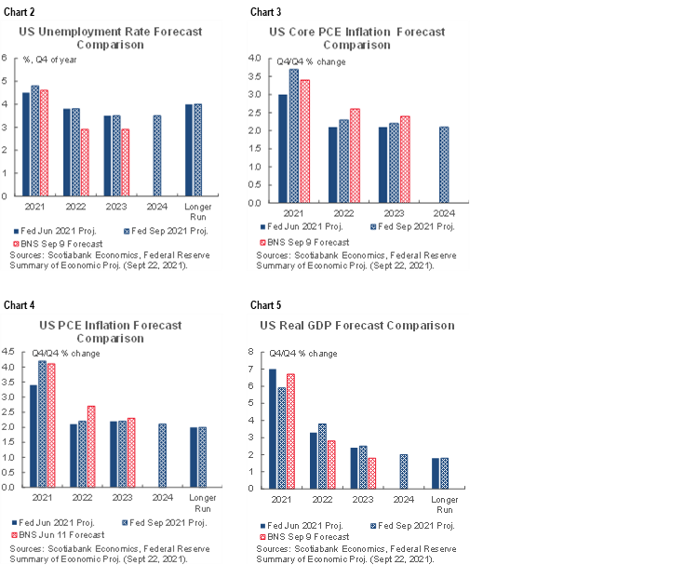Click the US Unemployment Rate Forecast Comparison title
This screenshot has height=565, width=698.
click(110, 37)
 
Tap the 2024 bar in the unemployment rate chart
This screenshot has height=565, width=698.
click(156, 155)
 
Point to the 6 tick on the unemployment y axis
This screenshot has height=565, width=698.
click(6, 58)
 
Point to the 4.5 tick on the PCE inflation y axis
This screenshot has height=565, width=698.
click(7, 352)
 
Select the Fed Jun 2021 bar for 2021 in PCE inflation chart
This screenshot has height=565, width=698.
click(34, 436)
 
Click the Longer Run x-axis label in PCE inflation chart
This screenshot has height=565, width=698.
click(202, 504)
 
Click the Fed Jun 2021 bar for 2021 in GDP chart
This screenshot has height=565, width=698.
click(272, 428)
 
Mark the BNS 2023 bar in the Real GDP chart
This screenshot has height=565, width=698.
click(372, 472)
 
